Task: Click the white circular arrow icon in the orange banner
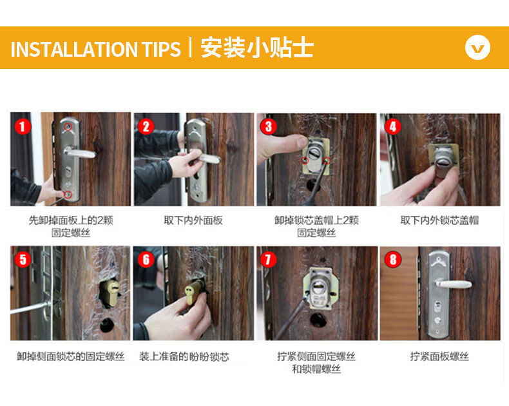pos(477,48)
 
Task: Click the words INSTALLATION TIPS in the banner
pos(95,49)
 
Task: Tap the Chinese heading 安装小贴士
pos(257,48)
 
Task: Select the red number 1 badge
pos(23,126)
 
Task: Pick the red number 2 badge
pos(146,126)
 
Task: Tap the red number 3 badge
pos(269,126)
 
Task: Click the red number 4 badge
pos(393,126)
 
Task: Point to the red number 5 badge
pos(23,259)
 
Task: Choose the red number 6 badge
pos(146,259)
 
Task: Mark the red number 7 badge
pos(269,259)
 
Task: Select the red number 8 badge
pos(393,259)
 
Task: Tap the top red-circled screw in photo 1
pos(68,127)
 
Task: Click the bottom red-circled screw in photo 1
pos(68,194)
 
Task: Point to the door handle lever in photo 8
pos(454,284)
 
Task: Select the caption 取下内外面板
pos(193,220)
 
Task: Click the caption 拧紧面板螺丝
pos(439,356)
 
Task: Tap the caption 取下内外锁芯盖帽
pos(439,220)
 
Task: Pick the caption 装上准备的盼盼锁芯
pos(184,356)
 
